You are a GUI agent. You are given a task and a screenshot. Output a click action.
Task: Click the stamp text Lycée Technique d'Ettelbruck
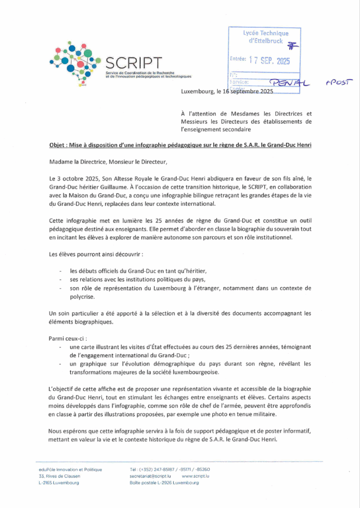(265, 36)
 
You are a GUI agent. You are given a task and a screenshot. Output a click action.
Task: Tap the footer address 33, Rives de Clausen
(59, 476)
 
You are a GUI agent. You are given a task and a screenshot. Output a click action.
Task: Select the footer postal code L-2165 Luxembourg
(59, 482)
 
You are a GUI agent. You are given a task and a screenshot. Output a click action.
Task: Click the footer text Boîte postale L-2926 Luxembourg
(164, 482)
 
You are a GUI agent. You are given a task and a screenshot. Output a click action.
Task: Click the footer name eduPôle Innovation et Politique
(70, 469)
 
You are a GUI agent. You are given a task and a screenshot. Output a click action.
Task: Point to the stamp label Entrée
(238, 60)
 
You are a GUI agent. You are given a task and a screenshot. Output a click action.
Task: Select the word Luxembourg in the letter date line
(196, 92)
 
